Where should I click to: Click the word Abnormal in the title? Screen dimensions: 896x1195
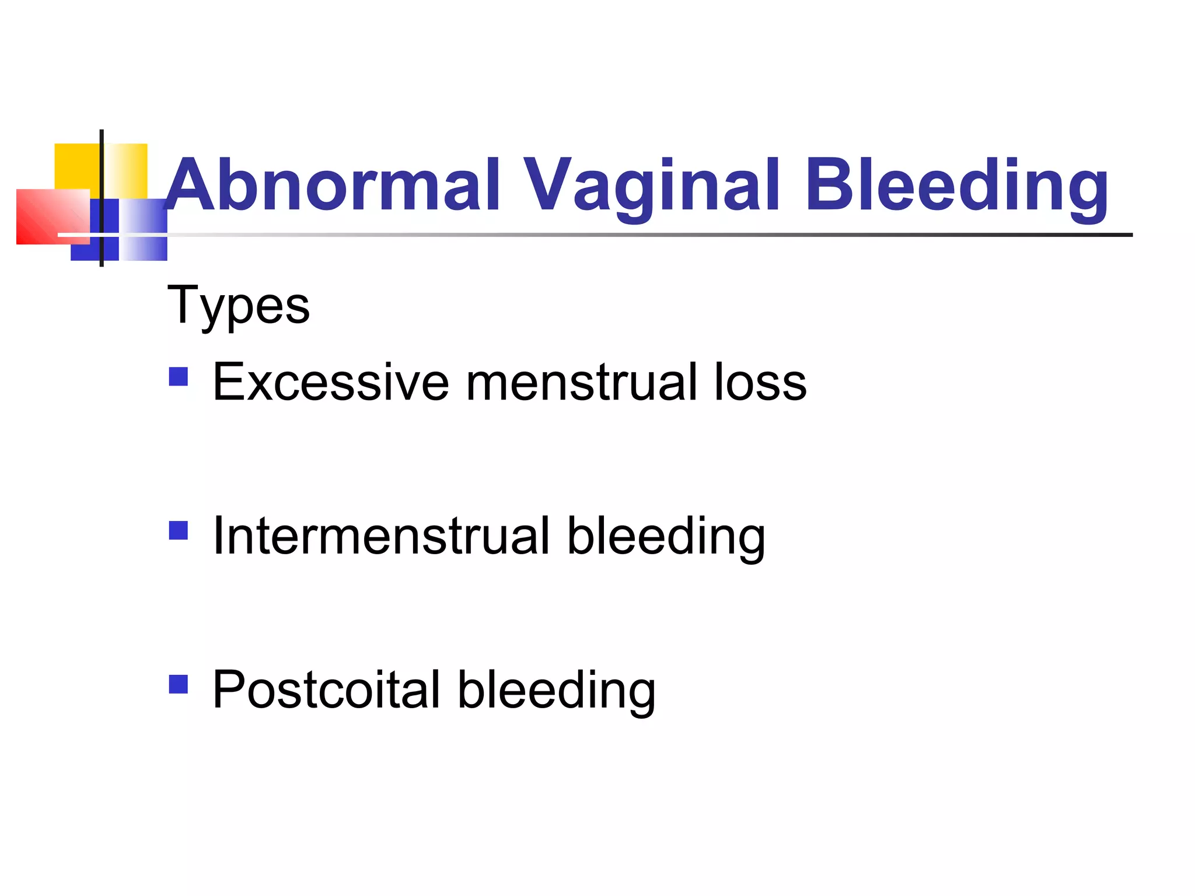(x=333, y=185)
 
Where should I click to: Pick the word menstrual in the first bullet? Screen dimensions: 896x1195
(x=581, y=383)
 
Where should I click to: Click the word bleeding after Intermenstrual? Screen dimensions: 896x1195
(x=666, y=537)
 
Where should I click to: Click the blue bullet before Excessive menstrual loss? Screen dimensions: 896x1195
(x=178, y=377)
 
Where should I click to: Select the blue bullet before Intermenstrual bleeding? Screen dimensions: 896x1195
(x=178, y=531)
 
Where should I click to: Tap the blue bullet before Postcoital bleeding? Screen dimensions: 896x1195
(x=178, y=684)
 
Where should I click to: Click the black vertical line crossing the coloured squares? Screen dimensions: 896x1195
(x=102, y=175)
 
